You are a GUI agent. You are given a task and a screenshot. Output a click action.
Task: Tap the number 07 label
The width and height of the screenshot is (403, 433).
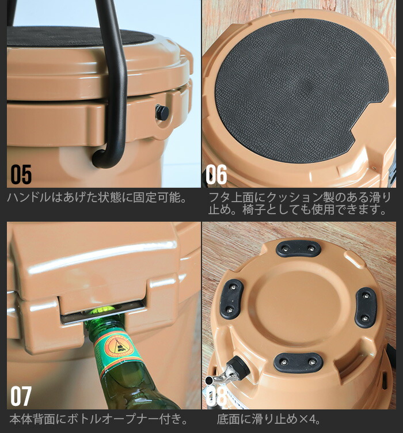21,397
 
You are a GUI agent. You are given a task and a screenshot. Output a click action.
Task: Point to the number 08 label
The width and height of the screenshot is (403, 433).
217,396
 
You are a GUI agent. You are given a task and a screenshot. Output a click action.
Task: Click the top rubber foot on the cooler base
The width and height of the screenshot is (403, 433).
298,249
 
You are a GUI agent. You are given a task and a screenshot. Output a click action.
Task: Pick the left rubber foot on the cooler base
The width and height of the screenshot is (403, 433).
231,298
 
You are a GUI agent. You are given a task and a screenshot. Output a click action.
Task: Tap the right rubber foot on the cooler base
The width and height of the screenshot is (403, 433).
366,307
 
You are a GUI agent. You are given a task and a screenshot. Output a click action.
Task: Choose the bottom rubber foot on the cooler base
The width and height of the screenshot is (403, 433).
298,362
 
